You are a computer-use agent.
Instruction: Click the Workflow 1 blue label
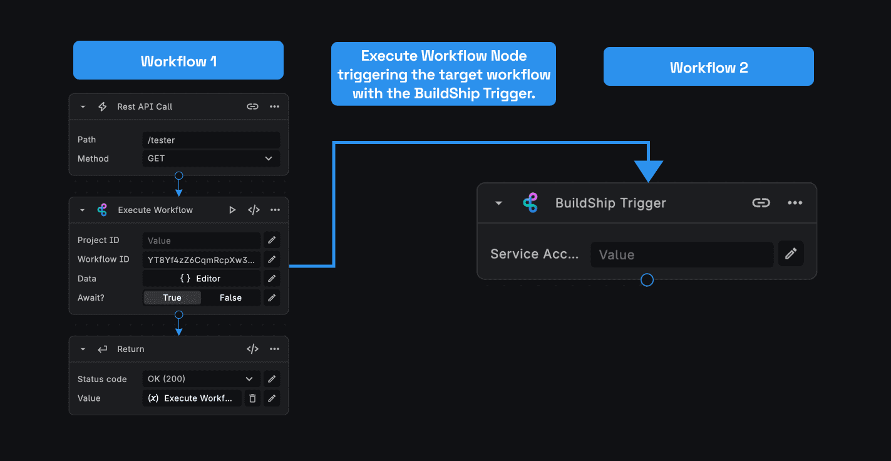(x=178, y=61)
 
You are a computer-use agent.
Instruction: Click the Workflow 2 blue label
(x=708, y=67)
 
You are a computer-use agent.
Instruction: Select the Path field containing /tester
(x=211, y=140)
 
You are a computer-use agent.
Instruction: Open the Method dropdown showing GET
(x=211, y=159)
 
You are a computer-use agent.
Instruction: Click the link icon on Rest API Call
(x=252, y=106)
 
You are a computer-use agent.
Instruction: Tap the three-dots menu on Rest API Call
(x=274, y=106)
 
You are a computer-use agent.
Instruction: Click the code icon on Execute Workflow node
(x=254, y=210)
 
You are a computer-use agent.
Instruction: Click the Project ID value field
(x=201, y=241)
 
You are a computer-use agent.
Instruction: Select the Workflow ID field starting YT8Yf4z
(x=201, y=259)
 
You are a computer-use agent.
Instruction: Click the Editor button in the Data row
(x=201, y=279)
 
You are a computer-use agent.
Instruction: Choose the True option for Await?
(x=172, y=298)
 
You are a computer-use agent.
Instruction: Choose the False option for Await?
(x=230, y=298)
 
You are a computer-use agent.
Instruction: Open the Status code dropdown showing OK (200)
(x=201, y=379)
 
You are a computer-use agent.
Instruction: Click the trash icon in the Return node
(x=252, y=398)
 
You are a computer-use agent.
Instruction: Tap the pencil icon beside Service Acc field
(x=791, y=254)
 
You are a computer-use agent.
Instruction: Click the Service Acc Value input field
(x=682, y=254)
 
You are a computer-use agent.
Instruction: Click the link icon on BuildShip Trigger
(x=761, y=203)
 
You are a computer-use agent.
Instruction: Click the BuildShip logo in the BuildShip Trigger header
(x=530, y=203)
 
